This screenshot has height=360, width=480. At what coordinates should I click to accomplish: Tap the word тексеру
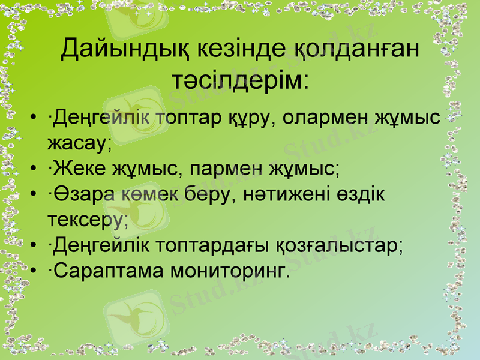click(x=88, y=220)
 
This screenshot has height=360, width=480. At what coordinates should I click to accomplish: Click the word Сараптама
click(x=107, y=272)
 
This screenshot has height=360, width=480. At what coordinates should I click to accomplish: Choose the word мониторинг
click(x=230, y=272)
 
